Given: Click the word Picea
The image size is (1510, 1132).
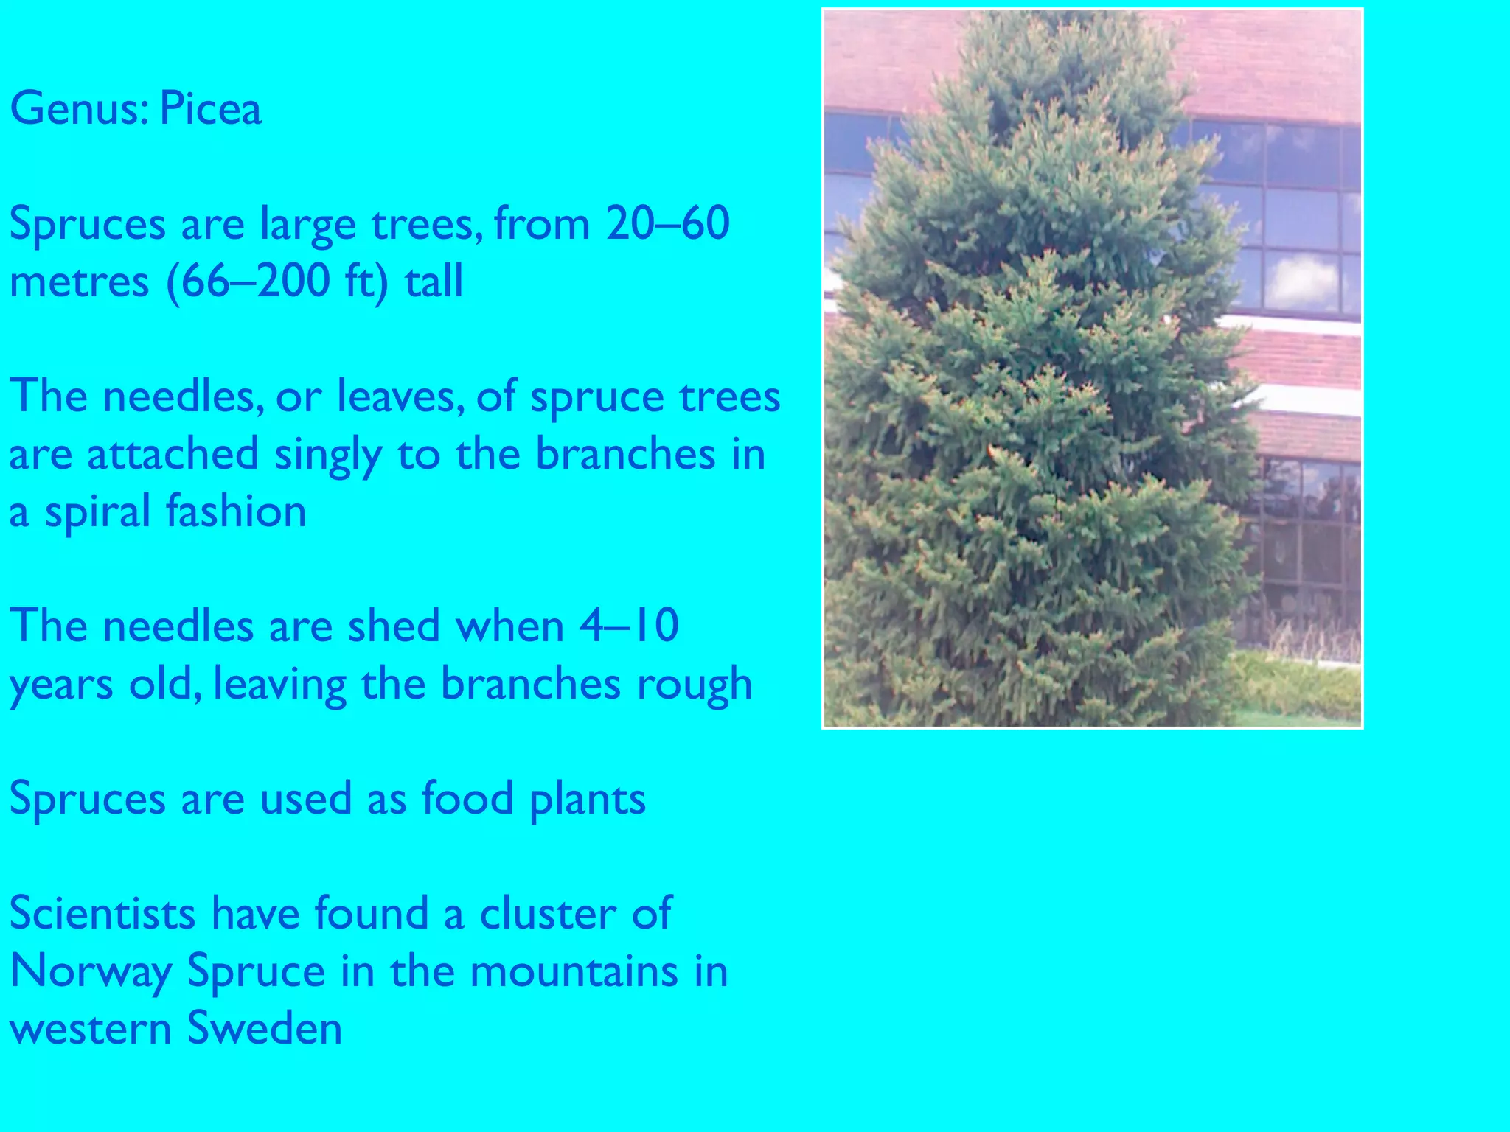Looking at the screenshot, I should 210,109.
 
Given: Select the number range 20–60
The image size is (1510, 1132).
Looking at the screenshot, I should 668,223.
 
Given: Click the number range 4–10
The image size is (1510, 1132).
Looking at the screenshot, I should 629,626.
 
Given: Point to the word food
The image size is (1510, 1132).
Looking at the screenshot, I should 467,798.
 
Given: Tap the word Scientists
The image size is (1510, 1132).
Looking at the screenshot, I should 102,913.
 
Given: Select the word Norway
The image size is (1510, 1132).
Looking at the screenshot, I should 91,971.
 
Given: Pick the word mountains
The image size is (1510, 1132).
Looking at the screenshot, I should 574,971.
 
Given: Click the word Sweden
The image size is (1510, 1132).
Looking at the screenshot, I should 265,1028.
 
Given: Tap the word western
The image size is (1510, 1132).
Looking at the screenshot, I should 90,1030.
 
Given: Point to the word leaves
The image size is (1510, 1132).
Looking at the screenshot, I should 400,396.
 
